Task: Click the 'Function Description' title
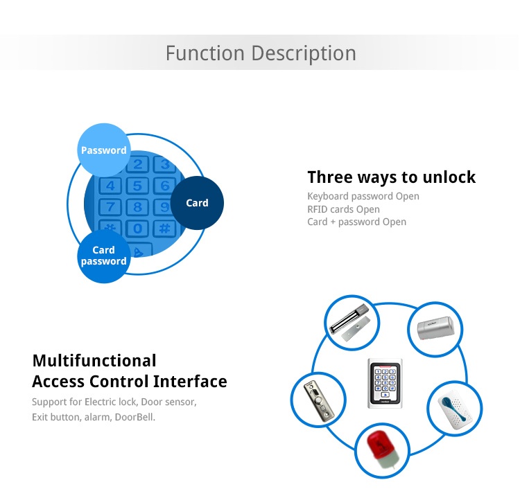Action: coord(261,53)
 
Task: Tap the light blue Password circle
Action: coord(104,150)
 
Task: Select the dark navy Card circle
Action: coord(197,203)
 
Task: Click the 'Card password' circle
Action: coord(104,256)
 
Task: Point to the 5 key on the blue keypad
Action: coord(138,186)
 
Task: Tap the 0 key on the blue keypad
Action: coord(138,229)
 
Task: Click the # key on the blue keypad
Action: coord(165,229)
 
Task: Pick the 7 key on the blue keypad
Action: coord(110,207)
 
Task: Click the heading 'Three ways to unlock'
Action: coord(391,177)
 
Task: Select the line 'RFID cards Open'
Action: coord(343,209)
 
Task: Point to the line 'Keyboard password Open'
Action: coord(363,196)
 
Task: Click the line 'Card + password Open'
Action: coord(356,222)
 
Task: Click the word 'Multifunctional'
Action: coord(94,360)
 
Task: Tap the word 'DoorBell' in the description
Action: coord(134,417)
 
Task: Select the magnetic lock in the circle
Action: coord(350,322)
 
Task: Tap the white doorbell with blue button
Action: coord(454,409)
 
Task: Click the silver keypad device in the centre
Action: coord(385,383)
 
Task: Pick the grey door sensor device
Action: coord(435,328)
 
